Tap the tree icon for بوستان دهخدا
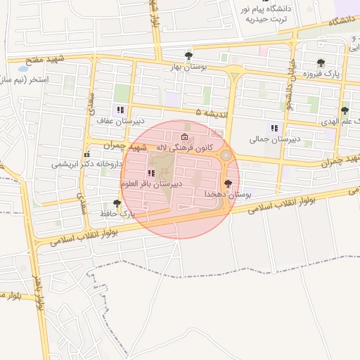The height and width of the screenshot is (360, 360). tap(227, 183)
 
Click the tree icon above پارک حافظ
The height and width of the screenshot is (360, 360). tap(117, 202)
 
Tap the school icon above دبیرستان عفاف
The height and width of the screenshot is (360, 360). tap(120, 110)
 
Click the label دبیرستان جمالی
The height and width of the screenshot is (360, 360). tap(275, 139)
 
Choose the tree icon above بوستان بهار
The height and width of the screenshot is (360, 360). tap(188, 56)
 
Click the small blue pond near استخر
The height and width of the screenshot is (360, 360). tap(22, 70)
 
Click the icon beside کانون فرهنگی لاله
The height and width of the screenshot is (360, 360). tap(185, 137)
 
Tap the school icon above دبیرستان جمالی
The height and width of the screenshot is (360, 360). tap(274, 128)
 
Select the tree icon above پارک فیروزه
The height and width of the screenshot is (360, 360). tap(321, 63)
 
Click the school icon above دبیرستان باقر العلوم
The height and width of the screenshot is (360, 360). tap(150, 173)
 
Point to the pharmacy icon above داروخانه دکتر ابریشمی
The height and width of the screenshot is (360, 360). tap(86, 154)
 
